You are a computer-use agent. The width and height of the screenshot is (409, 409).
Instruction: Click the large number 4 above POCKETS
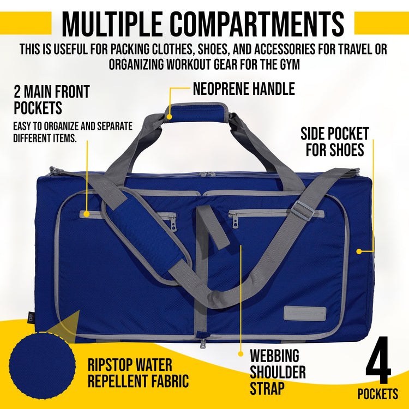tap(378, 361)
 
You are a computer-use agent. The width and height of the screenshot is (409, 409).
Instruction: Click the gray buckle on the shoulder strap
tap(303, 210)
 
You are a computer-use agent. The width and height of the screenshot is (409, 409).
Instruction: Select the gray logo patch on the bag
tap(305, 313)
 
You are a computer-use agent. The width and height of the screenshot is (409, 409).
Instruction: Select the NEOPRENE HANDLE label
tap(244, 88)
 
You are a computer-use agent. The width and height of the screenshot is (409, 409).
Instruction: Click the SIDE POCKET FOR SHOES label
tap(335, 141)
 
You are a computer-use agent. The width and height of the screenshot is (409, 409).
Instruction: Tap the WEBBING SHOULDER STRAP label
tap(278, 372)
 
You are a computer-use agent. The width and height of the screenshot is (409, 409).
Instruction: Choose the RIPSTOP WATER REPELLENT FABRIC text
tap(138, 372)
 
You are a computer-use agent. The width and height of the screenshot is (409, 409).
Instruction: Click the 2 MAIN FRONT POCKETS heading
tap(52, 99)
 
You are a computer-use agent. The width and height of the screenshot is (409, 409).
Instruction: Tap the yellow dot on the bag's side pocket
tap(359, 251)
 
